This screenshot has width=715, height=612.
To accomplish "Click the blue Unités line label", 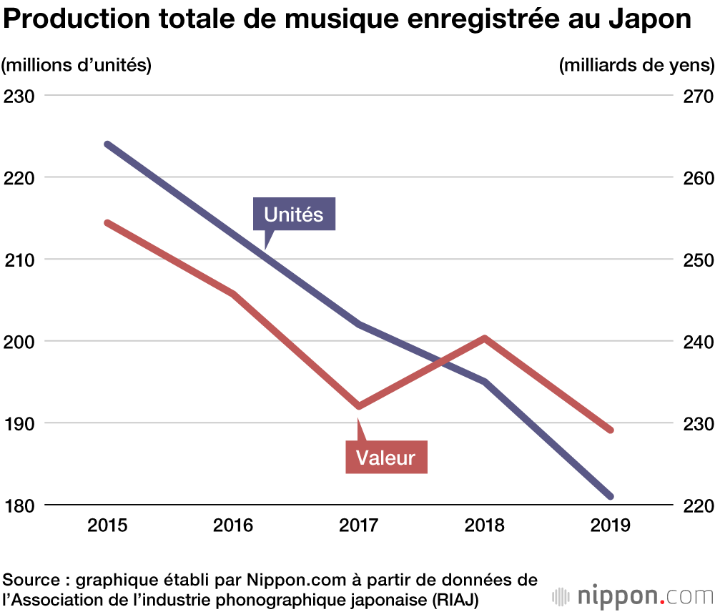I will pos(294,214).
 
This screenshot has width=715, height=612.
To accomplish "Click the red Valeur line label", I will pos(386,457).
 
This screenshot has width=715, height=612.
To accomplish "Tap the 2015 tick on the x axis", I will pos(107,526).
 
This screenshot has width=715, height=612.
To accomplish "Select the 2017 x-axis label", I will pos(359,526).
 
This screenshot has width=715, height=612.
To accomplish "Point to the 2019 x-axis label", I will pos(611,526).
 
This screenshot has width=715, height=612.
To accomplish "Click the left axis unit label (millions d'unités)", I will pos(77,65).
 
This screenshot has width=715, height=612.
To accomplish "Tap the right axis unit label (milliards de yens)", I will pos(636,65).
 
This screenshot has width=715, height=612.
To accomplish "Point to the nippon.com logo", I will pos(632,595).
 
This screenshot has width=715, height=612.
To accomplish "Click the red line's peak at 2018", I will pos(485,337).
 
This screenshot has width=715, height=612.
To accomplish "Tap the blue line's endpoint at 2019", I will pos(611,496).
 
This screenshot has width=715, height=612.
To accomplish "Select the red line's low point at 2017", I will pos(359,406).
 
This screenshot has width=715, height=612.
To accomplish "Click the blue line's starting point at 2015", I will pos(107,144).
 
